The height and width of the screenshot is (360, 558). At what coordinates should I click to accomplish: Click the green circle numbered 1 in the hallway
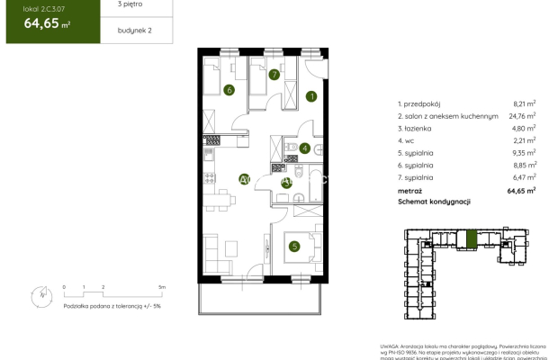pos(311,97)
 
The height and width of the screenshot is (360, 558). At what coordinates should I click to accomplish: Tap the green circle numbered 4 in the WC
pos(305,148)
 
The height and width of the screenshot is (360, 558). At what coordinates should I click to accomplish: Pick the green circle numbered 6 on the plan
pos(229,90)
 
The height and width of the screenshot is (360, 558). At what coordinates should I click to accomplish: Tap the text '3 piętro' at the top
pos(110,5)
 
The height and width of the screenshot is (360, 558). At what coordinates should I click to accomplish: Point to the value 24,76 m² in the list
pos(522,116)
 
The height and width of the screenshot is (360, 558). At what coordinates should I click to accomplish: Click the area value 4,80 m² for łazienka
pos(524,129)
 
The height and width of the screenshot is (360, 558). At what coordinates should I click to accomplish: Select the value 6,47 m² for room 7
pos(524,178)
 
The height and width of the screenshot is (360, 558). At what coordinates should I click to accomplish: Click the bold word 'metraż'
pos(409,191)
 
